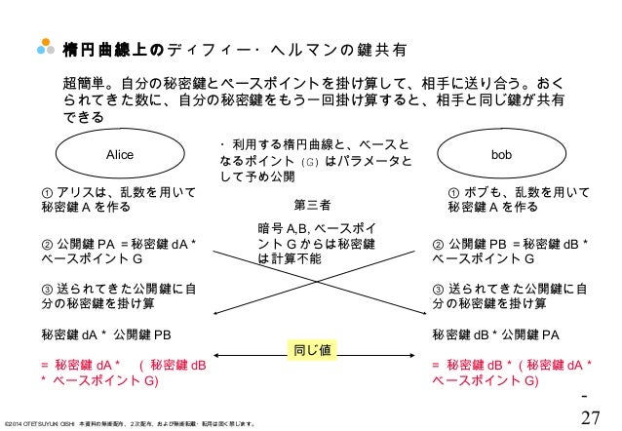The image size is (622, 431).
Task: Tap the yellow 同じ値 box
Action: click(311, 349)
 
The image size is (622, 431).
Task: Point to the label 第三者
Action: click(312, 206)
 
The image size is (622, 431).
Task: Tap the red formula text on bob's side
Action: click(508, 372)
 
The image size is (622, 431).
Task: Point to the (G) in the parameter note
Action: click(309, 161)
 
